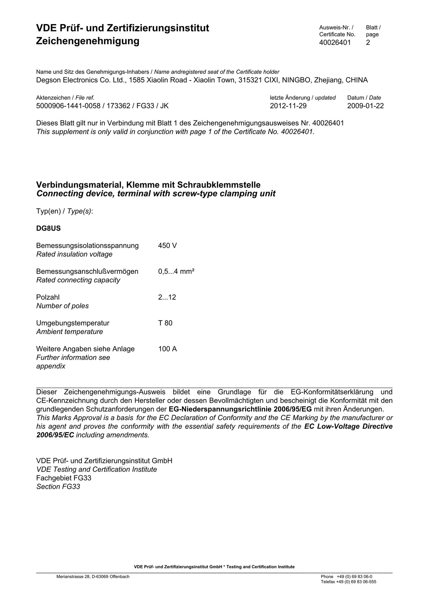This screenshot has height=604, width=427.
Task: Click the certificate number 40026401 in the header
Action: (x=335, y=42)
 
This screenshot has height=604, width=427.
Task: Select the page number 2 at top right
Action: (x=368, y=42)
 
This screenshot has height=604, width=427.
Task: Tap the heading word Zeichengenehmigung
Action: (x=88, y=41)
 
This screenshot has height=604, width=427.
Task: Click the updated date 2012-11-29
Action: (x=288, y=106)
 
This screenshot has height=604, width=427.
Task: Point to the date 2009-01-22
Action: (x=365, y=106)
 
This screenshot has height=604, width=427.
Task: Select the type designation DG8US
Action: (x=48, y=228)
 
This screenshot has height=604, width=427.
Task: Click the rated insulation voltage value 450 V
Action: (x=167, y=246)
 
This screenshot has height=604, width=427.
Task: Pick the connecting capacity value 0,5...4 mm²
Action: (x=176, y=271)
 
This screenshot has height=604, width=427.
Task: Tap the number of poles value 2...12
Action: (x=167, y=297)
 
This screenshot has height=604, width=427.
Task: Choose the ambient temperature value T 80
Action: (x=165, y=323)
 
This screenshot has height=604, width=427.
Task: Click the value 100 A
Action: (x=167, y=349)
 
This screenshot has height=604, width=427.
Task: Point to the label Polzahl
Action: (x=48, y=297)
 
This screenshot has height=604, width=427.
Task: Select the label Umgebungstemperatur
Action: (x=73, y=323)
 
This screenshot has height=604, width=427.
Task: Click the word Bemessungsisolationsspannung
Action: (x=88, y=246)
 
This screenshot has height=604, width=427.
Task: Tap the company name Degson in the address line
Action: (x=48, y=80)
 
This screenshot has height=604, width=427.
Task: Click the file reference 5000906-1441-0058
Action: (x=68, y=106)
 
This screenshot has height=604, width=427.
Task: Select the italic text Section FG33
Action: (x=58, y=487)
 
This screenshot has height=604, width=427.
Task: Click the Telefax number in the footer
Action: (x=348, y=582)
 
